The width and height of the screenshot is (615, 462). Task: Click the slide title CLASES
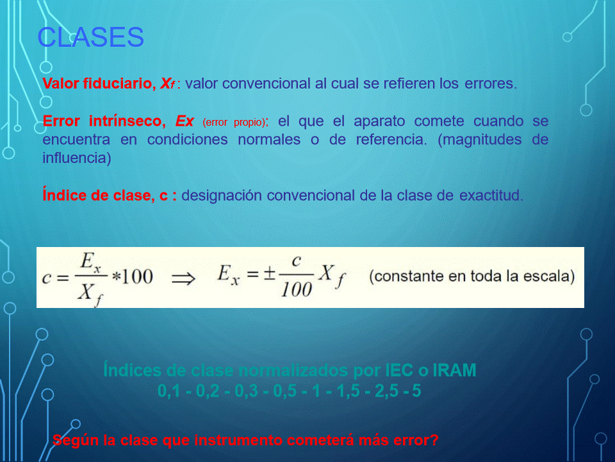(x=90, y=37)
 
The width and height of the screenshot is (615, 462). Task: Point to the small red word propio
(x=249, y=123)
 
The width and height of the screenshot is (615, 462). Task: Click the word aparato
(x=379, y=121)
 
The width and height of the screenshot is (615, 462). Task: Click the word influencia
(x=77, y=158)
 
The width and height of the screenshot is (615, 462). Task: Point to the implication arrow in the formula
(x=184, y=279)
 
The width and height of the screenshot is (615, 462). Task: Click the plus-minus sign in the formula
(x=269, y=273)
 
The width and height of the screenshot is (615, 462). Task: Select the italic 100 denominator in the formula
(x=296, y=290)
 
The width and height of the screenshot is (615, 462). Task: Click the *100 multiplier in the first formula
(x=132, y=277)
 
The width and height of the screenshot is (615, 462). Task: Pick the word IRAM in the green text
(x=454, y=370)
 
